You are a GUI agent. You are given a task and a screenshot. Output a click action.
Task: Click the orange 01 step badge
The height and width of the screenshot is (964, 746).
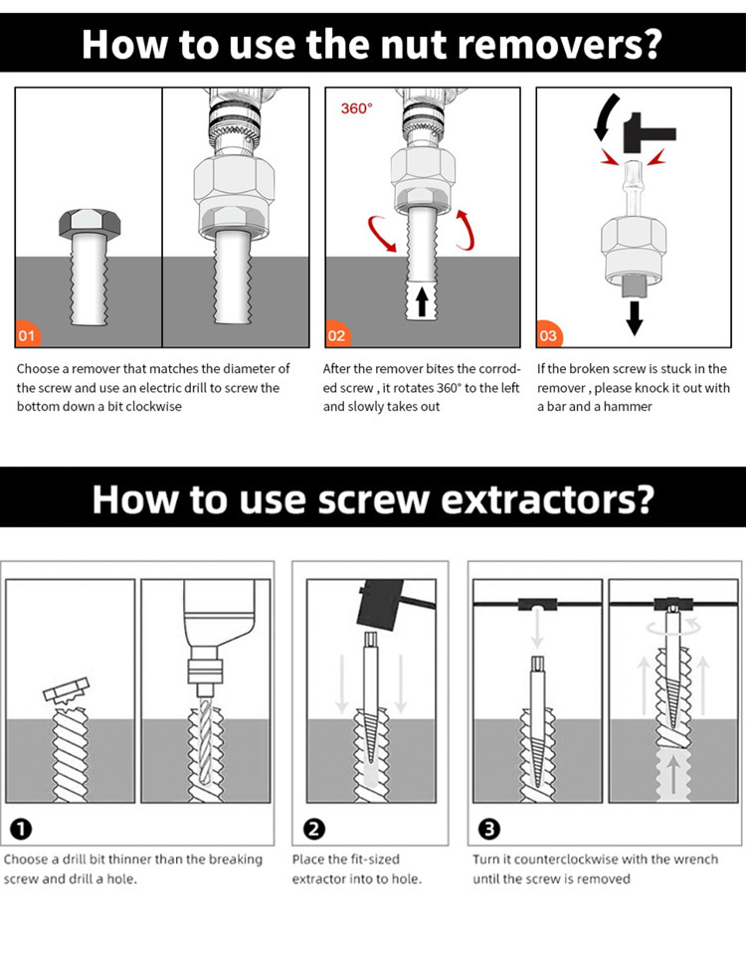click(27, 334)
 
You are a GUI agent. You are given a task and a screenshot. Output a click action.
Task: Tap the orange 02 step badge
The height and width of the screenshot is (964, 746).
click(337, 334)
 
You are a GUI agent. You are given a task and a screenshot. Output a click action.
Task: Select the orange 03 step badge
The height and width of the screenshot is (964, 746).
click(548, 334)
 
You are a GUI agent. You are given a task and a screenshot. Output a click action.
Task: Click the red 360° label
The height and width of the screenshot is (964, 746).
click(356, 108)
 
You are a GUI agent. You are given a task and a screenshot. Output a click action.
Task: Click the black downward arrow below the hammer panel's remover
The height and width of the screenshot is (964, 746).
click(635, 317)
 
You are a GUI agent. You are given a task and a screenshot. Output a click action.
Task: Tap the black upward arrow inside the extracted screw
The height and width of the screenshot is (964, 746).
click(422, 301)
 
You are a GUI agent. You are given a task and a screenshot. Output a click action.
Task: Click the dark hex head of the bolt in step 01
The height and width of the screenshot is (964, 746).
click(90, 223)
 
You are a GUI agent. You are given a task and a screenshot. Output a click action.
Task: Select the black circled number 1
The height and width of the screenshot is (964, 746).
click(22, 830)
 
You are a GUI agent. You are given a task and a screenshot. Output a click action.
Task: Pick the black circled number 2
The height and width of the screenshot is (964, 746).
click(314, 830)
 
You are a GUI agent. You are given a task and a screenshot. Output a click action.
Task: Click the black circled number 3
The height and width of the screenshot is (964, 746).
click(489, 830)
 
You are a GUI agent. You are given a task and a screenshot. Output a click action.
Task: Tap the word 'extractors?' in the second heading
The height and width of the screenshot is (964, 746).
click(547, 499)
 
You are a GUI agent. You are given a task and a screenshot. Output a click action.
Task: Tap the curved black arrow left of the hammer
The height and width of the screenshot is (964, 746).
click(606, 116)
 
